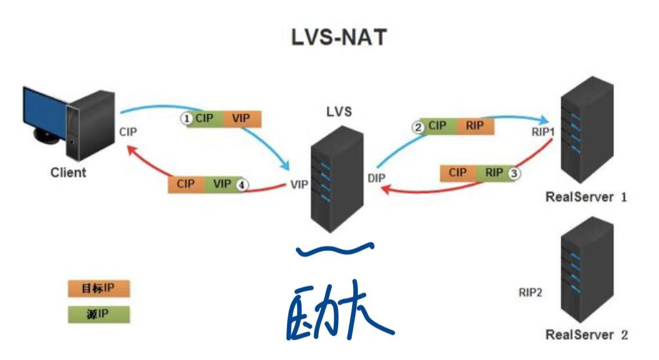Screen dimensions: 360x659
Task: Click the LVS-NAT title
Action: coord(339,38)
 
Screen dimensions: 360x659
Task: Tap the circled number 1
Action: coord(187,119)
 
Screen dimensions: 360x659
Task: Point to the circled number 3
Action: coord(514,173)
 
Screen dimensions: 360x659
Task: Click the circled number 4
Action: coord(242,184)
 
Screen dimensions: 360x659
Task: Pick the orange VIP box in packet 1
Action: coord(242,119)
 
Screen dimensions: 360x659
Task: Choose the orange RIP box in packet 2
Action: coord(475,126)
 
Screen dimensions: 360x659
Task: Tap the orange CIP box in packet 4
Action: coord(186,184)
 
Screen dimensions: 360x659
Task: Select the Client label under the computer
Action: coord(68,172)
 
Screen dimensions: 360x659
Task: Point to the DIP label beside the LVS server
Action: coord(376,177)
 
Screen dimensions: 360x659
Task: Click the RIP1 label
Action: coord(543,132)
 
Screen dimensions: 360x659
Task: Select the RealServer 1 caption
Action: coord(586,197)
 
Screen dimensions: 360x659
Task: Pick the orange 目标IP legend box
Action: coord(98,289)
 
